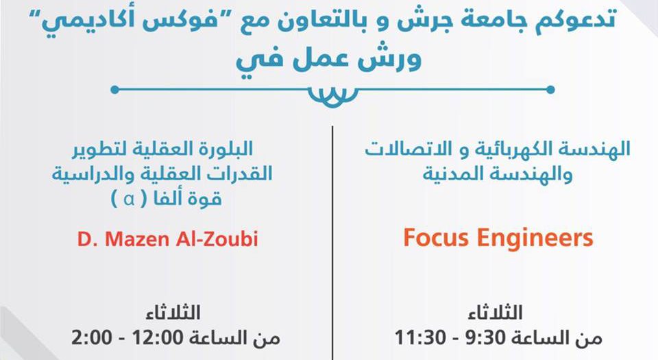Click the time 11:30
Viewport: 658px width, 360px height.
click(420, 337)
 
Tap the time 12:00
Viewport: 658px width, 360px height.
click(158, 337)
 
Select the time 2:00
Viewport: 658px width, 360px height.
click(92, 337)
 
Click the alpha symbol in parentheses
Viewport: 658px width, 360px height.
click(130, 199)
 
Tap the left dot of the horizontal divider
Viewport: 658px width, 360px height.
click(114, 89)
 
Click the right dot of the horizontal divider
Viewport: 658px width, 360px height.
click(550, 89)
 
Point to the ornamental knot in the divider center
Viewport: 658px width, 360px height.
click(332, 97)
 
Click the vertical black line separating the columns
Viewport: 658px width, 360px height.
click(332, 243)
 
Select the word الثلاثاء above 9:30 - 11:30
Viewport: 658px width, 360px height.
click(495, 313)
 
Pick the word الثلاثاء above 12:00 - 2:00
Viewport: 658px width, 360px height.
click(173, 313)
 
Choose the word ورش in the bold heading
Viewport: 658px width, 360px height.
click(389, 59)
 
